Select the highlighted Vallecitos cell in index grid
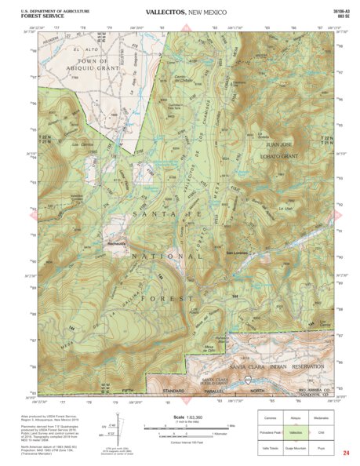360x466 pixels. [x=296, y=432]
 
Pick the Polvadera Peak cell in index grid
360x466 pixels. [x=271, y=432]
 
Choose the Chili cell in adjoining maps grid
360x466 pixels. [x=321, y=432]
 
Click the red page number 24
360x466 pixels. [x=346, y=453]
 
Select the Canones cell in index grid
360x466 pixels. [x=271, y=418]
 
